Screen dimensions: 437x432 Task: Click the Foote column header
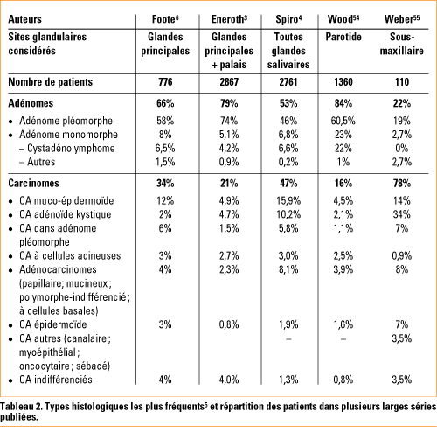pos(165,19)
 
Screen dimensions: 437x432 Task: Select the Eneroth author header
pos(229,19)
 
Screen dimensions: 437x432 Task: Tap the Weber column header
pos(402,19)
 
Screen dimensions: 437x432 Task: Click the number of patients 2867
pos(229,82)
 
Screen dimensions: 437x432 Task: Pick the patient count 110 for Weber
pos(402,82)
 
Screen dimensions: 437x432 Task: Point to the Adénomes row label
pos(31,103)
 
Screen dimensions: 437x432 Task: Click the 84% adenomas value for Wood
pos(343,103)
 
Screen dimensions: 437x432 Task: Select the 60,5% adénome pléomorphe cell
pos(343,121)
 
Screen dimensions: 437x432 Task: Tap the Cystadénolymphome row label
pos(71,148)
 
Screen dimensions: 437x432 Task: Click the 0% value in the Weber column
pos(402,149)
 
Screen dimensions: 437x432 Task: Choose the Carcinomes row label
pos(33,183)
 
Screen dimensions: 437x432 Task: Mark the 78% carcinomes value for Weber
pos(402,184)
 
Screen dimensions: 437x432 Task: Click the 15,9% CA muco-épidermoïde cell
pos(288,201)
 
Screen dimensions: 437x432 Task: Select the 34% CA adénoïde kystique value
pos(402,214)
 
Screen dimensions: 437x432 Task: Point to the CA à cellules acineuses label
pos(70,255)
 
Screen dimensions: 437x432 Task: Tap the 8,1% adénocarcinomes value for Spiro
pos(288,269)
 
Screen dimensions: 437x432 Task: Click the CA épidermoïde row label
pos(53,324)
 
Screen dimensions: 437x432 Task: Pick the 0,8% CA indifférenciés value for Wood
pos(343,380)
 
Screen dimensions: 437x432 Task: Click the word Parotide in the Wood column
pos(343,37)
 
